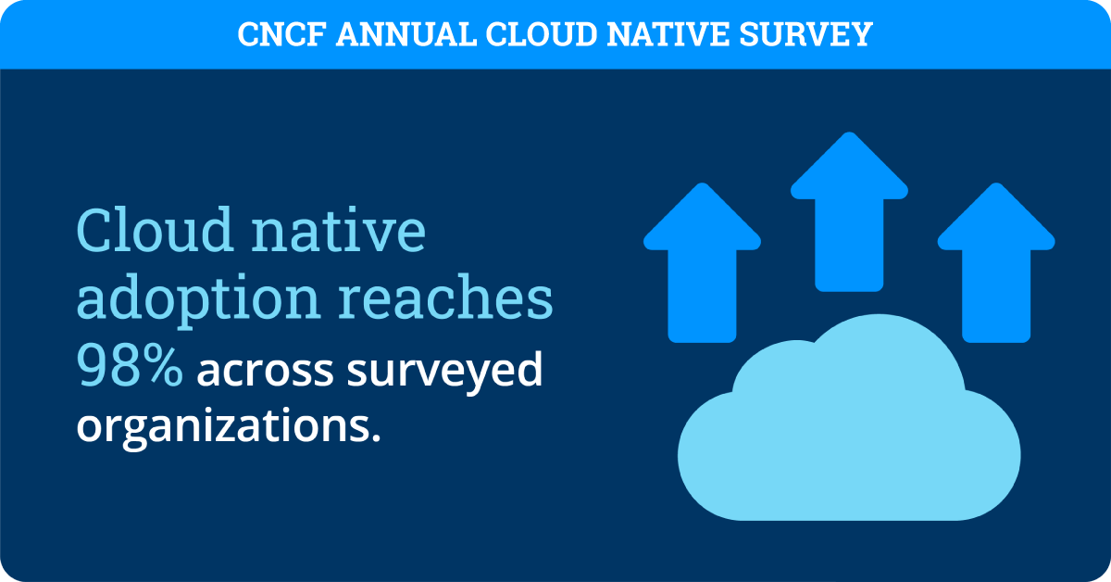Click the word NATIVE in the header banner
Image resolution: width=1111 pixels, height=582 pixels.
coord(665,34)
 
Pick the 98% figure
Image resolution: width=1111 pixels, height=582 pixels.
coord(130,369)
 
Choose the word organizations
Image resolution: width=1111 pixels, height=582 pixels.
coord(229,428)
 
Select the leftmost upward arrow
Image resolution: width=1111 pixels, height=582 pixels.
coord(702,259)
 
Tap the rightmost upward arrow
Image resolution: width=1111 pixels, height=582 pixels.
coord(996,259)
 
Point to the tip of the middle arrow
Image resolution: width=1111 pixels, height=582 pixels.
coord(849,136)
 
